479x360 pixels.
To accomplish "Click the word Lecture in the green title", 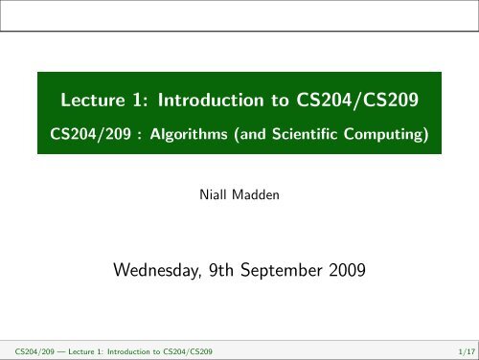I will click(91, 101).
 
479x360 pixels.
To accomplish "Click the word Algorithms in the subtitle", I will click(184, 135).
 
